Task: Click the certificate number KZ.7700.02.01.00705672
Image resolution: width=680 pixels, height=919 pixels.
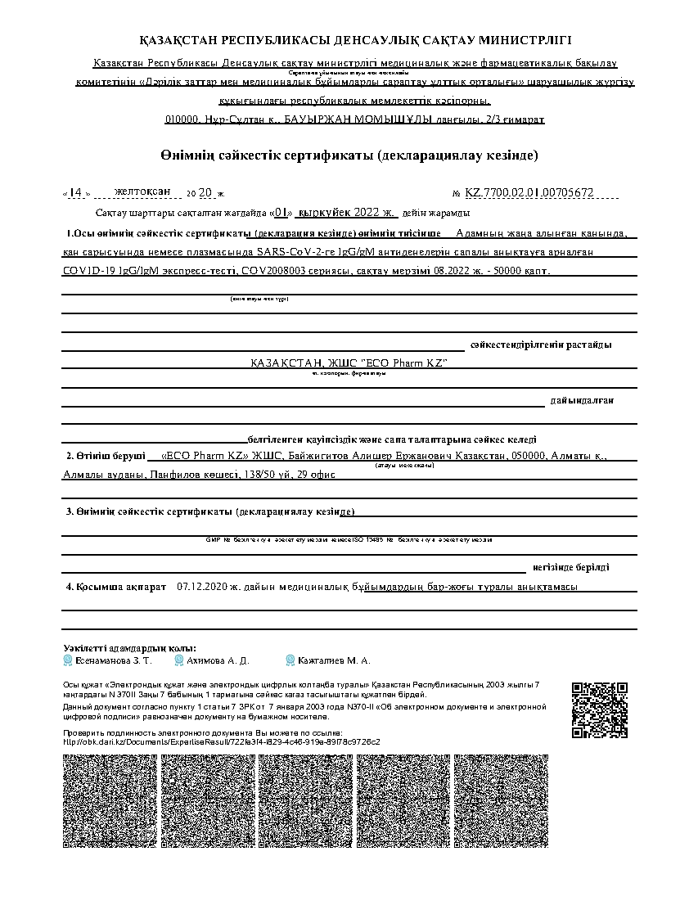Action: point(529,193)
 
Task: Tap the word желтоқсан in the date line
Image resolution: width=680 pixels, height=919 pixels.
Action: point(142,191)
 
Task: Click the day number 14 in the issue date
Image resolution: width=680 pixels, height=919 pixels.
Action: point(74,193)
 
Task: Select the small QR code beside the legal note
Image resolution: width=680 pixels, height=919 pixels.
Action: point(599,710)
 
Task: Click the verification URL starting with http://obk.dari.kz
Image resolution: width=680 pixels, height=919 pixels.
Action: point(222,741)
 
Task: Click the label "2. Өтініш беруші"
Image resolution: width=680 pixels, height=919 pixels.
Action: point(106,455)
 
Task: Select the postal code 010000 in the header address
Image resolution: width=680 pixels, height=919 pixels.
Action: point(182,119)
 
